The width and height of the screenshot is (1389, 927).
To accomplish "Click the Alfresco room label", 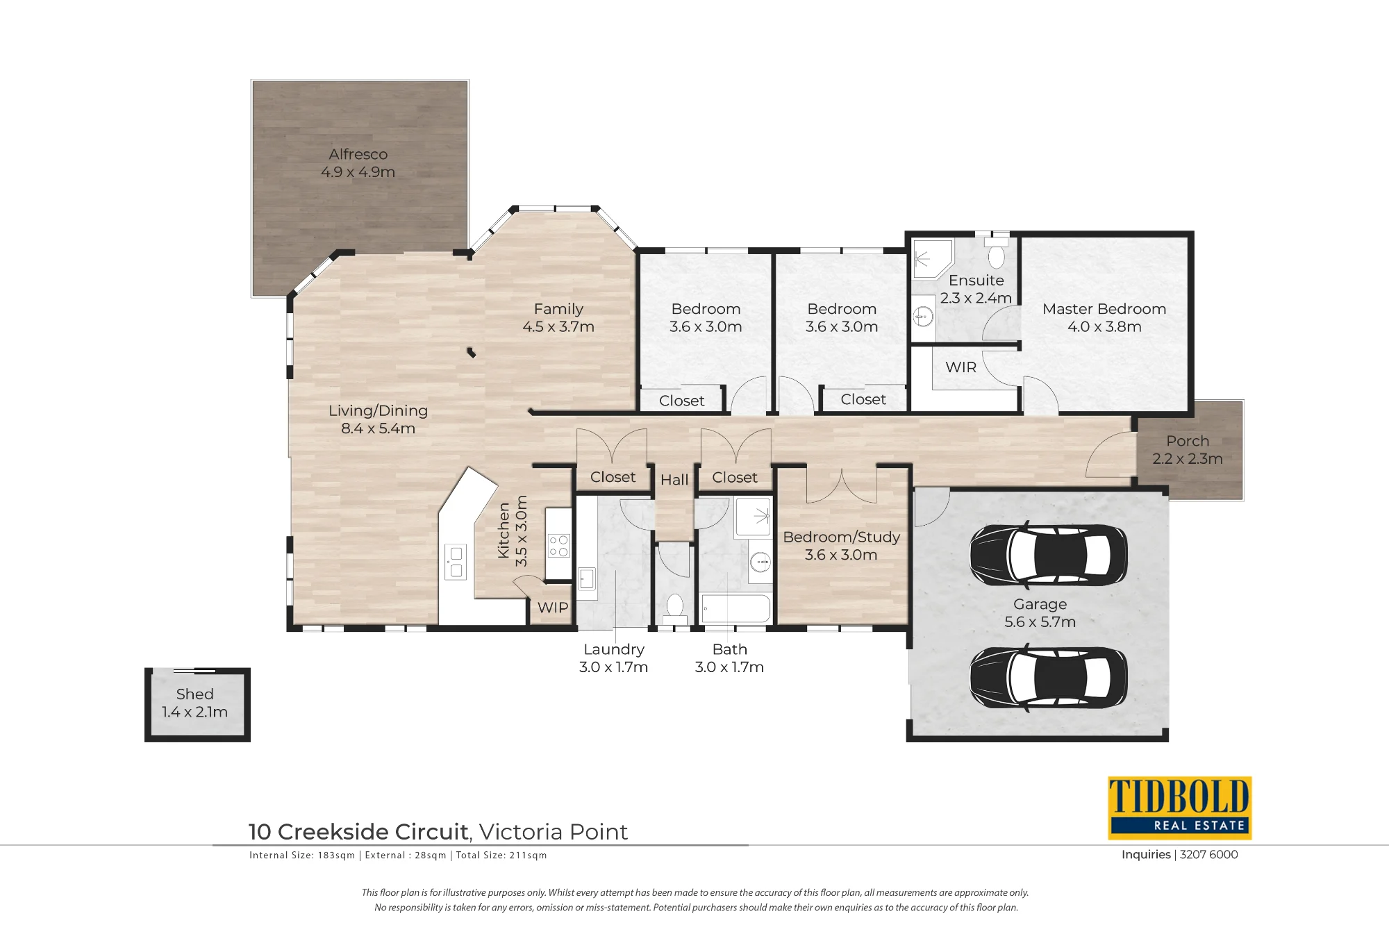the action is (x=358, y=154).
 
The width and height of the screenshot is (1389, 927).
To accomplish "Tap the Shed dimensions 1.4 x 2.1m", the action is (x=194, y=712).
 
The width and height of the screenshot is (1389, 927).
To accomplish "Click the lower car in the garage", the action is (x=1048, y=677).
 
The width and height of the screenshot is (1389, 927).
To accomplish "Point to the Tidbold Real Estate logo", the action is (x=1179, y=808).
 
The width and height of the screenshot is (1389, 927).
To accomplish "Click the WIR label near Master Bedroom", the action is (x=960, y=367).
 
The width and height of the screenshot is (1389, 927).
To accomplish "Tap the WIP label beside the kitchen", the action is (x=553, y=608).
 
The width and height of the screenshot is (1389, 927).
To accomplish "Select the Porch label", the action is (x=1188, y=441).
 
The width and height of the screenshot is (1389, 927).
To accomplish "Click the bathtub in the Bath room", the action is (x=735, y=608).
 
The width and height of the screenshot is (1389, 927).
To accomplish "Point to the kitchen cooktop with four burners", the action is (x=559, y=546).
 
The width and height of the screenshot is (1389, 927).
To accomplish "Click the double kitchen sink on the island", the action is (x=456, y=562).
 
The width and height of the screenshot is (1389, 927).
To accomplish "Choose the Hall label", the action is (x=674, y=480).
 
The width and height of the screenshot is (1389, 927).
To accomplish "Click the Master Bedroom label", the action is (x=1104, y=309).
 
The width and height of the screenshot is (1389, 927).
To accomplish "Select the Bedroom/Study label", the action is (x=841, y=537).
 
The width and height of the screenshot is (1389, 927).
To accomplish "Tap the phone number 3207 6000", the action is (x=1208, y=855).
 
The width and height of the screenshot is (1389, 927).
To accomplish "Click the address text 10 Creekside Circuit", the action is (x=358, y=832).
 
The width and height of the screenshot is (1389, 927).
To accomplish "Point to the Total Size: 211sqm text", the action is (x=501, y=855).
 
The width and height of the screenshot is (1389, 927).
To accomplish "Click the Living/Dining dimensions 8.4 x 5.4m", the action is (x=378, y=428).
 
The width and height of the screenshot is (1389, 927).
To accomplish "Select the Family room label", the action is (x=558, y=309).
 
